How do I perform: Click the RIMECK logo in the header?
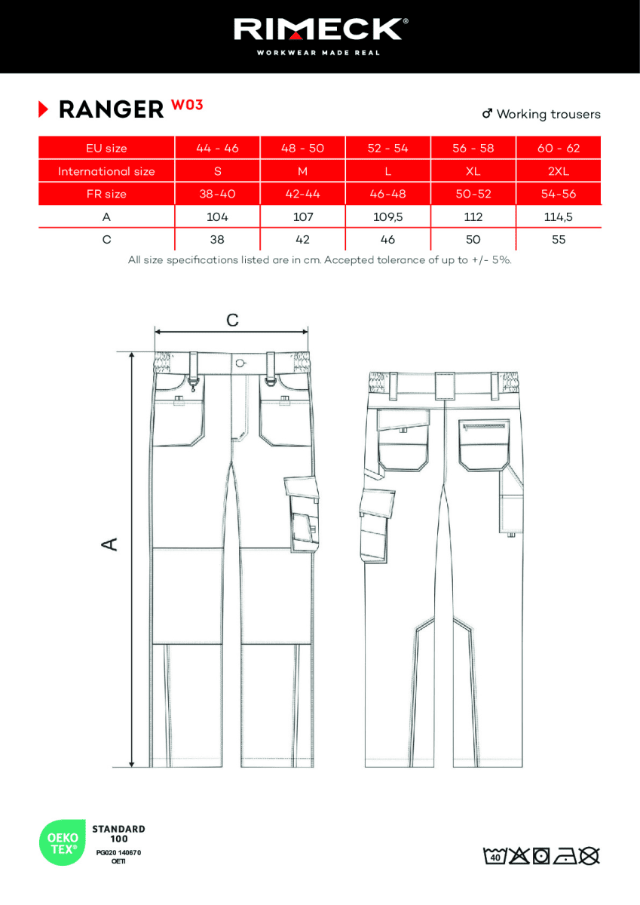coord(320,31)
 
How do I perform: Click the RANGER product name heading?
coord(110,110)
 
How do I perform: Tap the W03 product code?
coord(187,105)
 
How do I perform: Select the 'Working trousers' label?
coord(547,114)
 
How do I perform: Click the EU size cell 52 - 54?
coord(387,149)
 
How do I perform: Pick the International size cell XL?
coord(473,171)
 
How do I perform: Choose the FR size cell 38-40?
coord(217,194)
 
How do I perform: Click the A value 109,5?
coord(387,216)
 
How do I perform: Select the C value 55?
coord(558,240)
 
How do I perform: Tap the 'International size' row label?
coord(106,171)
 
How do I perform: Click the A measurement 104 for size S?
coord(217,216)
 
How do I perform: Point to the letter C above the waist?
coord(232,321)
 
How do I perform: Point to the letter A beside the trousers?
coord(110,544)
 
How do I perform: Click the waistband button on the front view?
coord(240,363)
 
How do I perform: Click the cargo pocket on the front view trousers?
coord(302,513)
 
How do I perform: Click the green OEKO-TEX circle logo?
coord(62,842)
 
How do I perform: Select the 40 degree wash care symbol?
coord(495,856)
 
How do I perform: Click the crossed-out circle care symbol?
coord(590,856)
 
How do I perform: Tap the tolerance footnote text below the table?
coord(320,260)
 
